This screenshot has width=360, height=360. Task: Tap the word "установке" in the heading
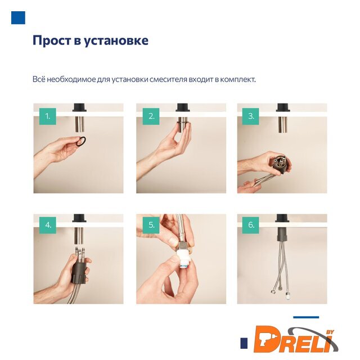(116, 41)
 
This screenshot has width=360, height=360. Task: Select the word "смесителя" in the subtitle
(169, 79)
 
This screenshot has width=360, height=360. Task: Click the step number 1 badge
(47, 116)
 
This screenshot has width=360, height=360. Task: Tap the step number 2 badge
(151, 116)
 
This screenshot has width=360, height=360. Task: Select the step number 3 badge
(250, 116)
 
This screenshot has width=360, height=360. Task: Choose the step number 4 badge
(47, 225)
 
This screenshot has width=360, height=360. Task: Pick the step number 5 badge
(151, 225)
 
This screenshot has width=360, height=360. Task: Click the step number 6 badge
(250, 225)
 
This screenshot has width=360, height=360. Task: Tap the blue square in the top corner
(18, 17)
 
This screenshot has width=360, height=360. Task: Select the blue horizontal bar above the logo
(306, 317)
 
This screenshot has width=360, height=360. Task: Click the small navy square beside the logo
(244, 343)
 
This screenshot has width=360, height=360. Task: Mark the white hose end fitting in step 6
(287, 295)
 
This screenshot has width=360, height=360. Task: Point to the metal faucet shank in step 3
(283, 125)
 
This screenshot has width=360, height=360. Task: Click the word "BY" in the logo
(330, 332)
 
